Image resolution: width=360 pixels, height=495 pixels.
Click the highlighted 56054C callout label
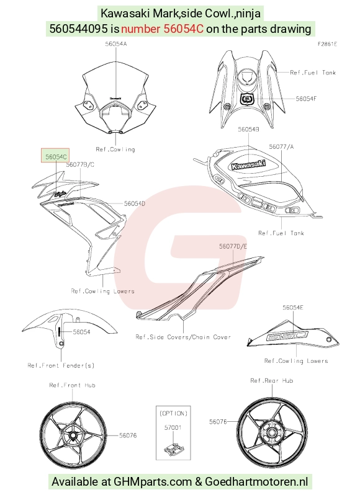56,156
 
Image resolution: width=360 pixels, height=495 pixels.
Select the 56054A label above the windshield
116,44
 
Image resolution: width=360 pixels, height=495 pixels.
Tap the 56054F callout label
306,99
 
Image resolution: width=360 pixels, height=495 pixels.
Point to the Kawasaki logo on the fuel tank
248,164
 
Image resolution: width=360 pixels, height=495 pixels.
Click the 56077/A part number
281,147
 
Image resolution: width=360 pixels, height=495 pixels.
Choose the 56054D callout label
135,203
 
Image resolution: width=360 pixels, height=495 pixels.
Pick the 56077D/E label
233,246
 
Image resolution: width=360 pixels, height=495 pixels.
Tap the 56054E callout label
293,307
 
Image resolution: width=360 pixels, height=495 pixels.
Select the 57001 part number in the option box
173,427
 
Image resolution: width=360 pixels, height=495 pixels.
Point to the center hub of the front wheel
73,435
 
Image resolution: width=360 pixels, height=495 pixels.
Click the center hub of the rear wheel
272,432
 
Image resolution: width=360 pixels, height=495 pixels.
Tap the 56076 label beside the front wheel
128,435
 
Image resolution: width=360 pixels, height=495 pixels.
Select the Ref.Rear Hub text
272,381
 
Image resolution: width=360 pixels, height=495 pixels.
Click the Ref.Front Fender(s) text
61,365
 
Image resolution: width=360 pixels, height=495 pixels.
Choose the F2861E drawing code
327,44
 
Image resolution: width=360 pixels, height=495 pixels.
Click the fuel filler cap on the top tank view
247,78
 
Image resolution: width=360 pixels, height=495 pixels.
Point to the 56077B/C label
80,164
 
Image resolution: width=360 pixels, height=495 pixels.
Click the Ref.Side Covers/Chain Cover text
183,337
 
